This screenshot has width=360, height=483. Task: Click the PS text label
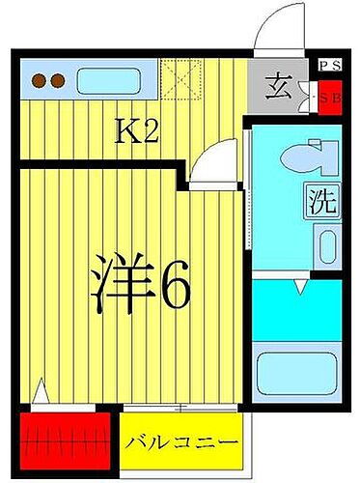tap(328, 66)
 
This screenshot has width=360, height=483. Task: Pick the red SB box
tap(329, 96)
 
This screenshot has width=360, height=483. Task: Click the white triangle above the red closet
tap(41, 393)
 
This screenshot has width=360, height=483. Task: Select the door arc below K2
tap(212, 159)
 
